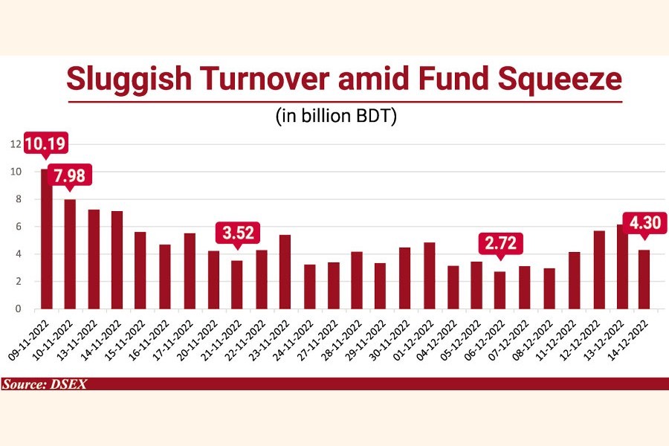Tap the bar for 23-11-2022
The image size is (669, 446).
285,271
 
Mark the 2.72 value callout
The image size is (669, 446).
500,243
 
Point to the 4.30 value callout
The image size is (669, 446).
644,222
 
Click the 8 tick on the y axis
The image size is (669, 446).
17,199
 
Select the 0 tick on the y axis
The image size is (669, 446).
17,308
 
